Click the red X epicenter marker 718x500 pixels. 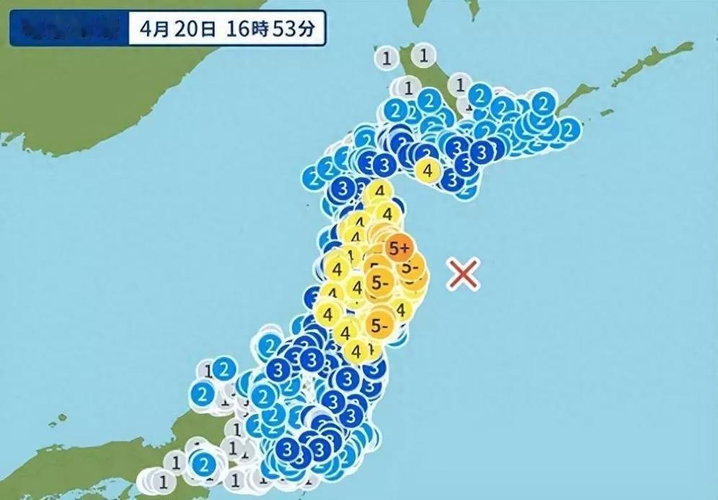464,274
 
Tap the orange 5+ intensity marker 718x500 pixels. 398,249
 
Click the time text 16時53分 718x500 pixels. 260,30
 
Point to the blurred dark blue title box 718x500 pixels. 69,30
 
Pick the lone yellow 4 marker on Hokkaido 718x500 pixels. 428,171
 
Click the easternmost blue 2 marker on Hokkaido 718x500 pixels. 569,130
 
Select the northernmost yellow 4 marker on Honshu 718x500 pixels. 378,193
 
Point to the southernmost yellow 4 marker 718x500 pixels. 355,351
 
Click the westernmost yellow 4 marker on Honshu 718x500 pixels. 328,315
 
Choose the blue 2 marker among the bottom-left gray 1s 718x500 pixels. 205,462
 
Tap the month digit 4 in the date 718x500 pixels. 147,30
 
